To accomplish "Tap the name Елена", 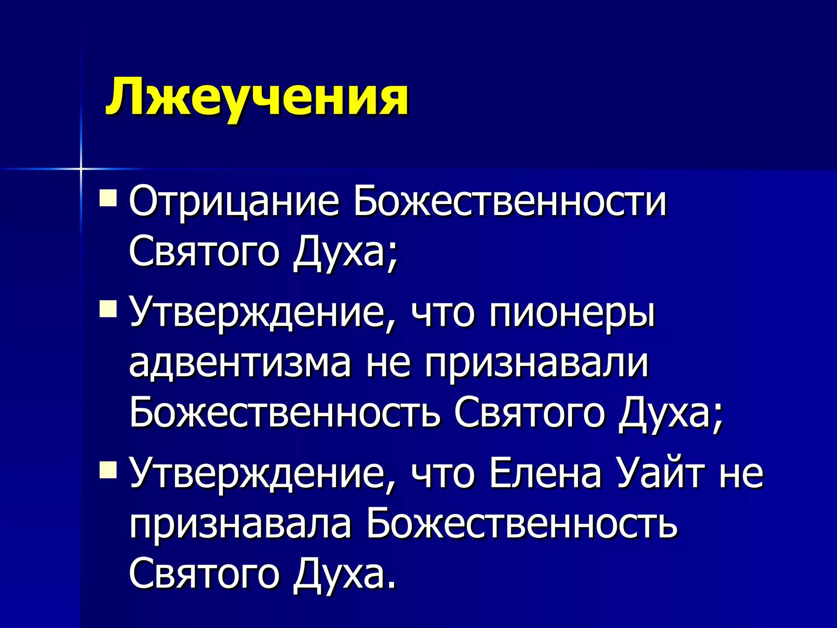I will (x=545, y=474).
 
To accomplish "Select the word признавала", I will (x=240, y=525).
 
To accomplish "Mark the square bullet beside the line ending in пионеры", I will (x=108, y=309).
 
